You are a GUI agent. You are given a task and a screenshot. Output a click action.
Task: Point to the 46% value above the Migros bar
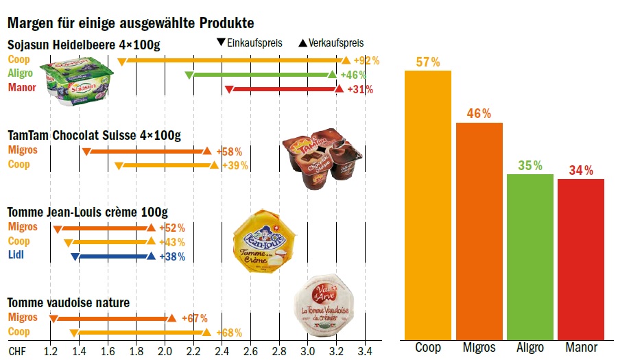[479, 114]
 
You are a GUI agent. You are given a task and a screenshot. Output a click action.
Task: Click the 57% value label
[427, 62]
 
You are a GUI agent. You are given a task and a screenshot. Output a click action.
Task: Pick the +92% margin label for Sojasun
[366, 60]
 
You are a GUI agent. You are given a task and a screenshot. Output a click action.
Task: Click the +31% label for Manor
[360, 89]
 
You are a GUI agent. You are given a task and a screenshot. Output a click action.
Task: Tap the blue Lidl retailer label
[16, 255]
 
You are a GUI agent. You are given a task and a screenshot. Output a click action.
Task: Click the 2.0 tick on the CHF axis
[165, 351]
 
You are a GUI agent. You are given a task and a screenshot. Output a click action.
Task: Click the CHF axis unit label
[16, 351]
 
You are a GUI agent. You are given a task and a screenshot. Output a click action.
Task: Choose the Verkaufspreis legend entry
[332, 43]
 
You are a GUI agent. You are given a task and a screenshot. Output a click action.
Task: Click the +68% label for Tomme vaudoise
[229, 333]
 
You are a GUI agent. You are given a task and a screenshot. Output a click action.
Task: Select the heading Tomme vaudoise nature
[68, 302]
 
